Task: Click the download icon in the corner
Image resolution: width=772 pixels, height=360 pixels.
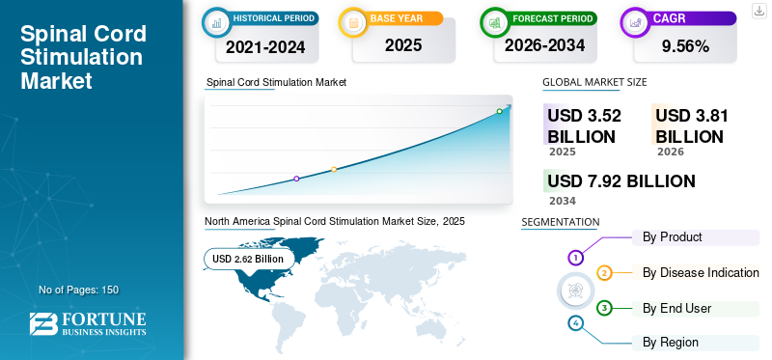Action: pyautogui.click(x=759, y=11)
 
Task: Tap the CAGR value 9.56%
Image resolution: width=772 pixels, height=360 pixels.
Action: pyautogui.click(x=685, y=46)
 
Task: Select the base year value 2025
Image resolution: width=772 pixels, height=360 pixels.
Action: pyautogui.click(x=403, y=45)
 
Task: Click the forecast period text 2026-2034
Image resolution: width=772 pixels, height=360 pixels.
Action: pyautogui.click(x=544, y=45)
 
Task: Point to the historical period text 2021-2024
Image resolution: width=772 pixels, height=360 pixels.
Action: pyautogui.click(x=265, y=46)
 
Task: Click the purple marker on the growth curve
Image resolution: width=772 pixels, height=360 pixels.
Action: pyautogui.click(x=296, y=179)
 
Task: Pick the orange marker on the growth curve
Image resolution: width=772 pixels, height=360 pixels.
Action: pyautogui.click(x=334, y=170)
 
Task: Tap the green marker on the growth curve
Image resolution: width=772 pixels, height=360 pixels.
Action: pyautogui.click(x=499, y=111)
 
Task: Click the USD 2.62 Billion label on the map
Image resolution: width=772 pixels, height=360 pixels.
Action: pyautogui.click(x=248, y=259)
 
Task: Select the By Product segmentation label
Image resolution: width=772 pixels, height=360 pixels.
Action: pyautogui.click(x=672, y=236)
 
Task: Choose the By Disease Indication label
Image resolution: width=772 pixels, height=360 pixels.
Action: pyautogui.click(x=701, y=272)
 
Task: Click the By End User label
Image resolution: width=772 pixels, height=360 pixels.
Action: pyautogui.click(x=677, y=308)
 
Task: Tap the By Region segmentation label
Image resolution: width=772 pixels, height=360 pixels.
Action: pyautogui.click(x=670, y=343)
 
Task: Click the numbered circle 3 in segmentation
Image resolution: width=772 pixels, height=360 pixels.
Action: pyautogui.click(x=604, y=309)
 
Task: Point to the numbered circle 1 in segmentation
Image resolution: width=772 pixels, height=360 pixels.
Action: pyautogui.click(x=575, y=257)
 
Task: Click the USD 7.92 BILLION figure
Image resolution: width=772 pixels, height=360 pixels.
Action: pyautogui.click(x=621, y=181)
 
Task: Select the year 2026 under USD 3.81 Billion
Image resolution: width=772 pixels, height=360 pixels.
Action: pyautogui.click(x=671, y=152)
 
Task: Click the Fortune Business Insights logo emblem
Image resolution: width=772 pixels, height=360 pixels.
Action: pyautogui.click(x=43, y=324)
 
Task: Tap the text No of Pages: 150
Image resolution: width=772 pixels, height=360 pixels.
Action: pyautogui.click(x=79, y=290)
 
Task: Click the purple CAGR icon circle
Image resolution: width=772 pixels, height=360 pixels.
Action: pyautogui.click(x=636, y=22)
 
